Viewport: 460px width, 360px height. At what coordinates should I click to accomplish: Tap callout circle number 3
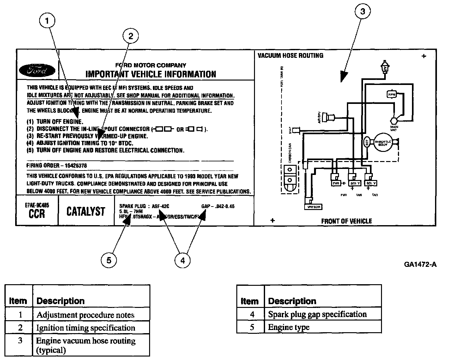[x=363, y=12]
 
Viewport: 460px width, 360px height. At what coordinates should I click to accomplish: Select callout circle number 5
[x=109, y=260]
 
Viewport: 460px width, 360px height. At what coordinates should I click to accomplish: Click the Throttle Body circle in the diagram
[x=383, y=142]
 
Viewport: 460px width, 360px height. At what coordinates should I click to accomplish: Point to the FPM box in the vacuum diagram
[x=391, y=94]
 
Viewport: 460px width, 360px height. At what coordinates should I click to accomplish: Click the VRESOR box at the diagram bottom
[x=313, y=207]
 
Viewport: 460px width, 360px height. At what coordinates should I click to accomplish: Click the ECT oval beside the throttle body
[x=367, y=143]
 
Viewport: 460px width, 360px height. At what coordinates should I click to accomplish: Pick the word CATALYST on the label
[x=86, y=211]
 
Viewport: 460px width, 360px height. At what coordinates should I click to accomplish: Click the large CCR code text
[x=37, y=214]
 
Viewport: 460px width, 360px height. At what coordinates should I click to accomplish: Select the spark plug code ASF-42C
[x=160, y=207]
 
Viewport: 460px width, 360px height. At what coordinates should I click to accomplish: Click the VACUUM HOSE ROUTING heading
[x=290, y=56]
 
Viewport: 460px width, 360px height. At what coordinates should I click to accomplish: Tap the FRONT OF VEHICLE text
[x=347, y=221]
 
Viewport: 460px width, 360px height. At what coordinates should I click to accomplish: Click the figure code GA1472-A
[x=420, y=264]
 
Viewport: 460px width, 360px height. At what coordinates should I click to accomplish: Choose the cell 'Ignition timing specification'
[x=86, y=328]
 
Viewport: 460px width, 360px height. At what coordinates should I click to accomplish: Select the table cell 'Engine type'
[x=289, y=327]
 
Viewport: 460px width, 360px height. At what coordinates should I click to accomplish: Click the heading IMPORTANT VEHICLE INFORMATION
[x=151, y=74]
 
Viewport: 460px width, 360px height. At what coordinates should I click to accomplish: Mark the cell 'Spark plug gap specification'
[x=317, y=314]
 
